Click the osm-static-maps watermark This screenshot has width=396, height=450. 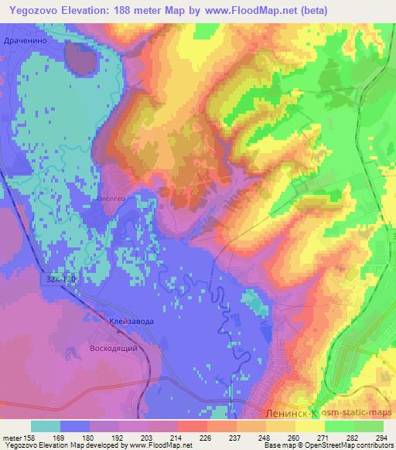(358, 414)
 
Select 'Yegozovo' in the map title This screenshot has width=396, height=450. (35, 10)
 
